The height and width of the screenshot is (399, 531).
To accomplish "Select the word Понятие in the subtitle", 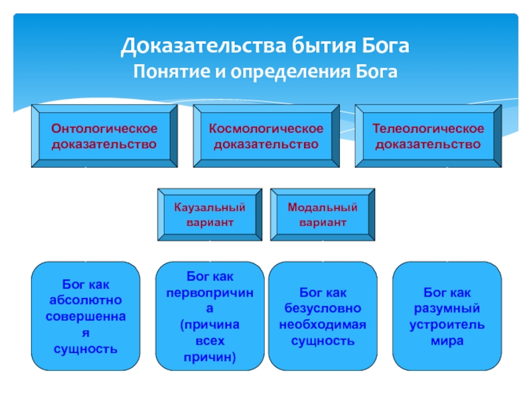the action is (x=171, y=72).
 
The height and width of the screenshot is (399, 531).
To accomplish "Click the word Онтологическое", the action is (x=104, y=128).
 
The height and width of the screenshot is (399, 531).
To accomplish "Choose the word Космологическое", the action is (x=266, y=128).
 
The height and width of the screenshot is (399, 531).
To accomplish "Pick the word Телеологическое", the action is (x=428, y=128).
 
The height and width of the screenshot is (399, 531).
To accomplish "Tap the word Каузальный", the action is (x=210, y=207).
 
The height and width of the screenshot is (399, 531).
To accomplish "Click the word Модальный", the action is (x=323, y=207).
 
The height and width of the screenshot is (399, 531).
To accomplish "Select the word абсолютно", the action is (x=86, y=300).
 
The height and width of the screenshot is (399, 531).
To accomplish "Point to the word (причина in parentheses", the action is (x=210, y=325).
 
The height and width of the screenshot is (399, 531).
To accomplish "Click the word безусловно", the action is (x=323, y=309).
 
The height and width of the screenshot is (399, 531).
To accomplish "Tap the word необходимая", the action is (x=323, y=325).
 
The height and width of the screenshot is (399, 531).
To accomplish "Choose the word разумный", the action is (x=447, y=309).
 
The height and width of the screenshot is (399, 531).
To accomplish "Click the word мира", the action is (x=447, y=341).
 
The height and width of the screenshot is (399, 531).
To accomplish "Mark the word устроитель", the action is (x=447, y=325).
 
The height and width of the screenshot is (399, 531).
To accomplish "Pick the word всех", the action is (x=210, y=341).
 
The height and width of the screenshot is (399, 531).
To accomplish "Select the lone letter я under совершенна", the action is (x=86, y=333).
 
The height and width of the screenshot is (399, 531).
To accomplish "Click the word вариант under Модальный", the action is (x=323, y=223).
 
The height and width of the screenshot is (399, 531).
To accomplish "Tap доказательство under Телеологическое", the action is (x=428, y=144).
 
